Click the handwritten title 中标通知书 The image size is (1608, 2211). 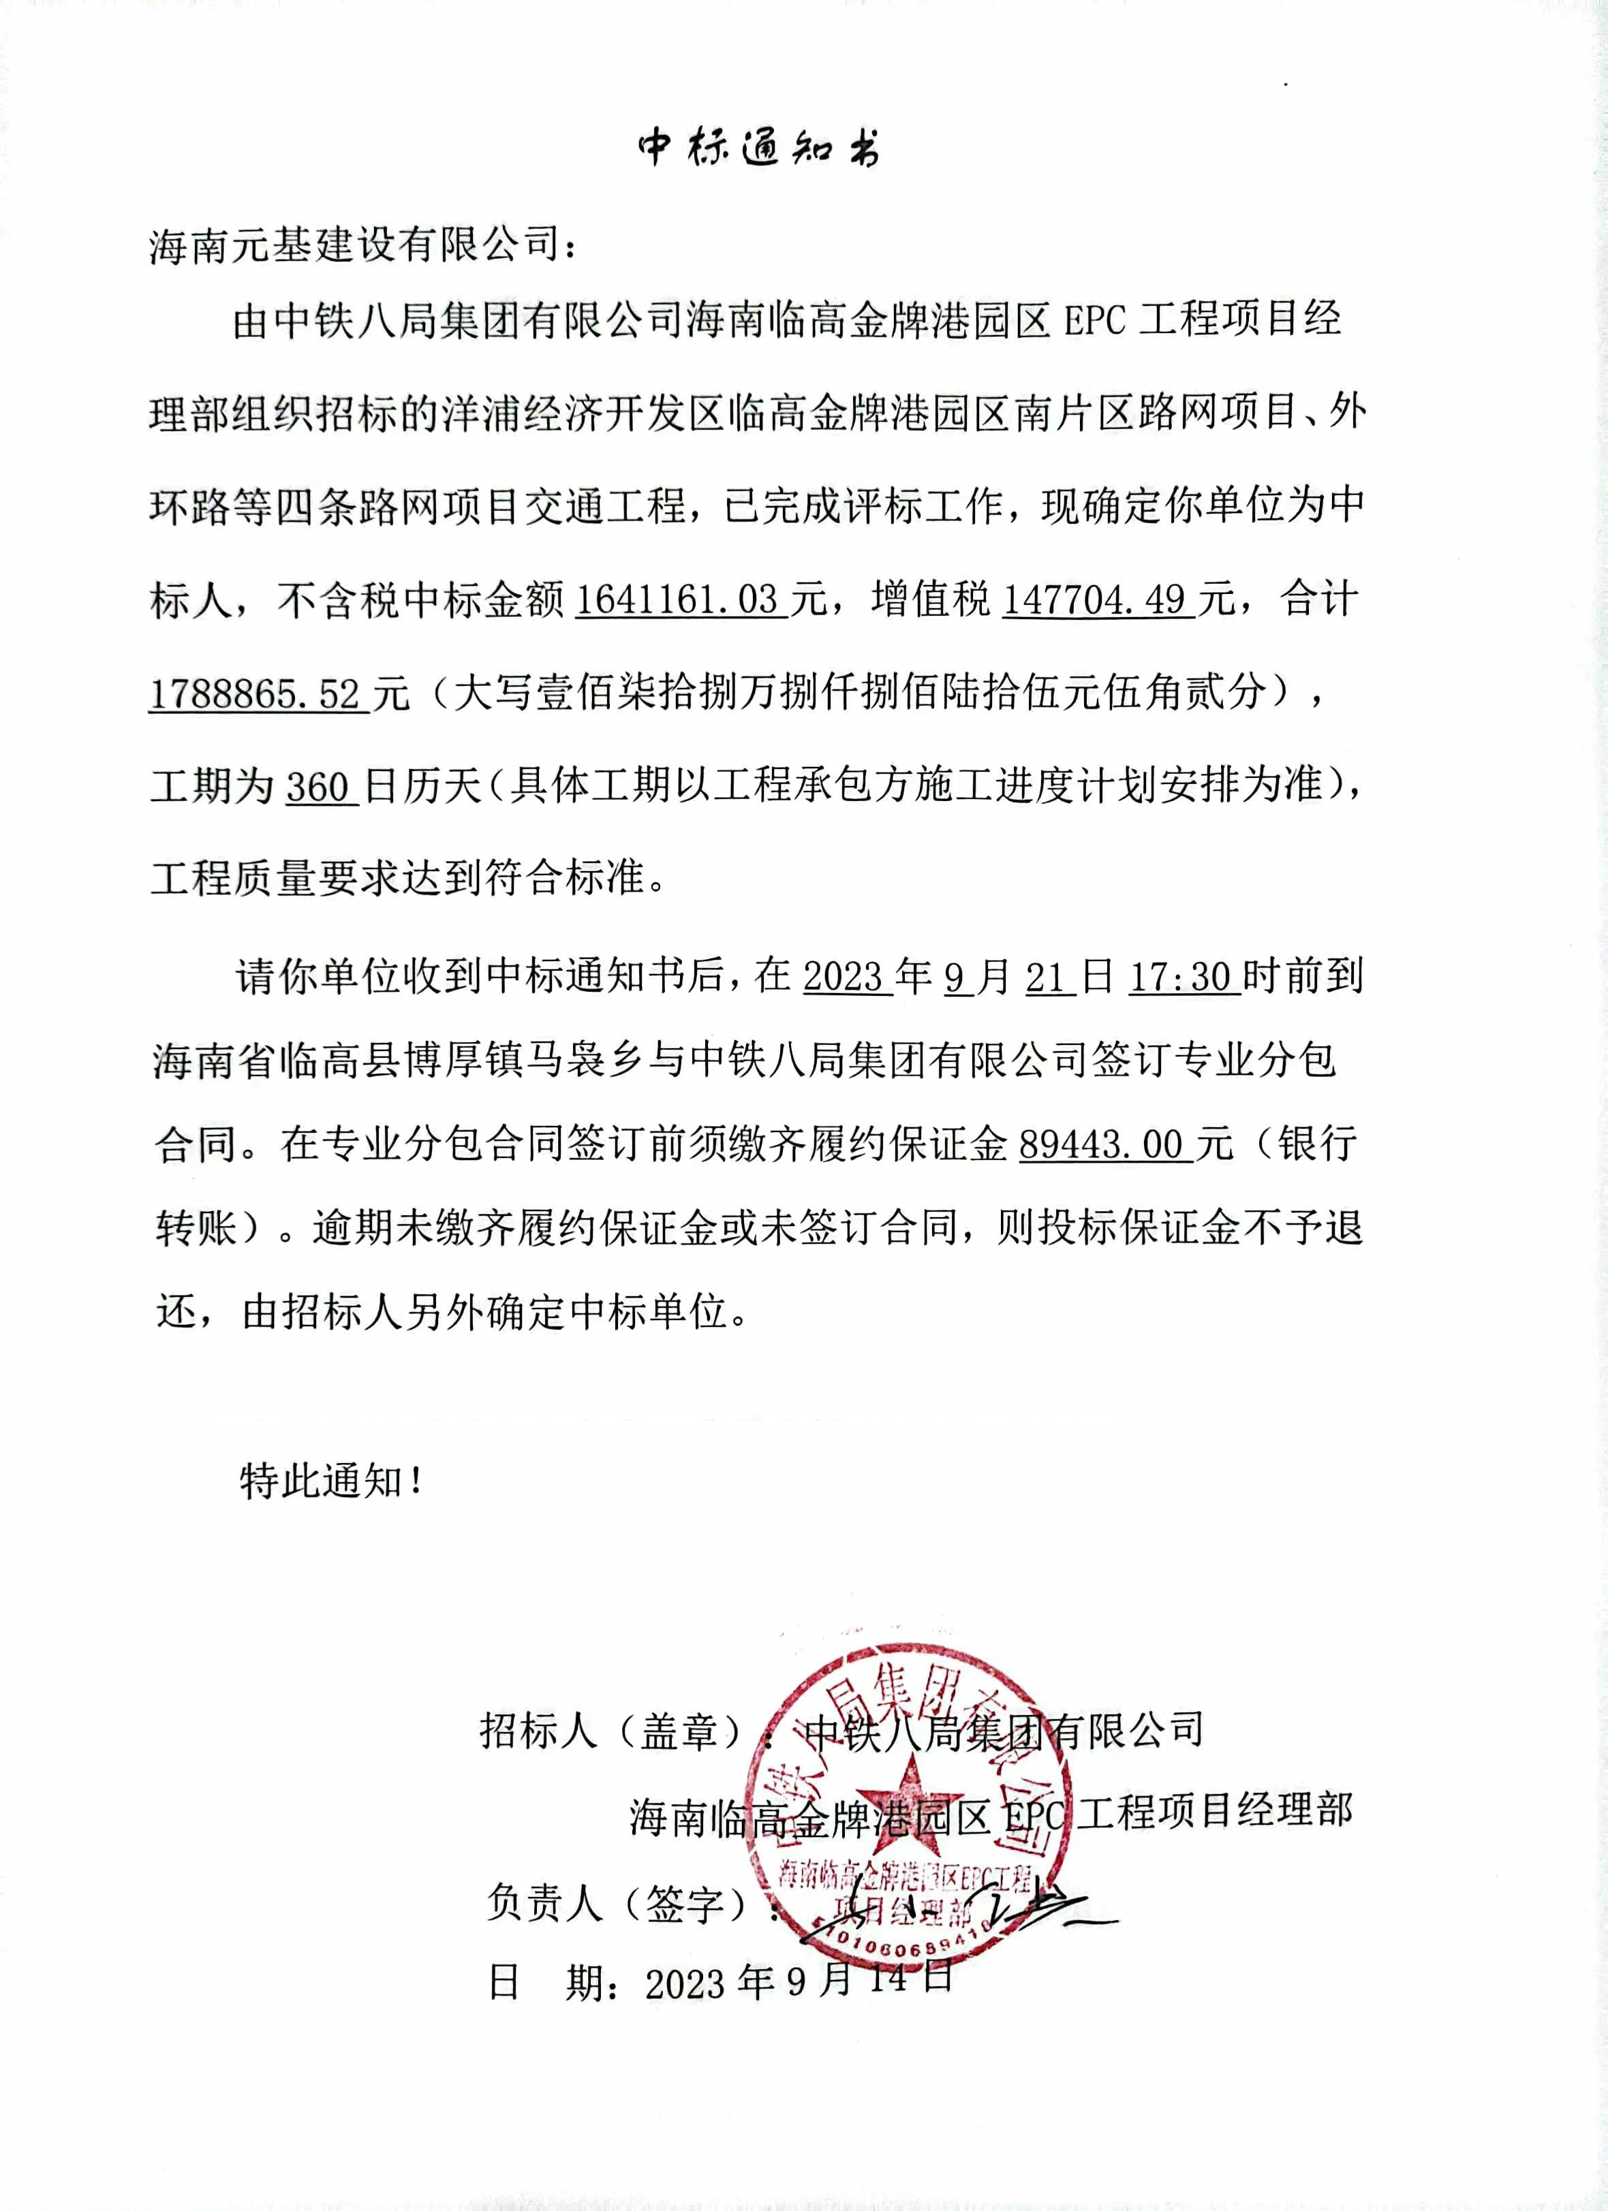tap(758, 147)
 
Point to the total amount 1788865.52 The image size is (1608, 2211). tap(256, 693)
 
